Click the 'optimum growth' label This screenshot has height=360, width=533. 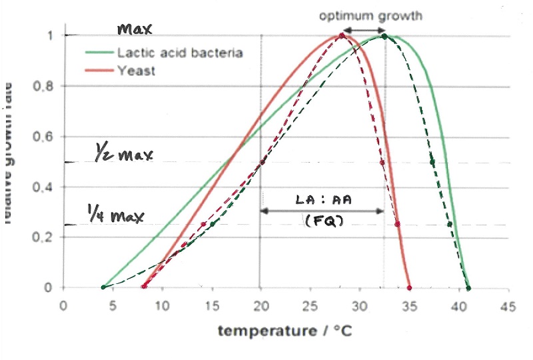370,16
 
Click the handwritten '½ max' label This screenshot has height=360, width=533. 123,156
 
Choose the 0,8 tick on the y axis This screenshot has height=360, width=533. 43,86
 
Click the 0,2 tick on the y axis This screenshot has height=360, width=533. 43,237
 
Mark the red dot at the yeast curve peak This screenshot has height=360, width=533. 342,36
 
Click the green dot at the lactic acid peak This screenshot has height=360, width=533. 384,36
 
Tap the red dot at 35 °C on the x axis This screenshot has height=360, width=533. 409,288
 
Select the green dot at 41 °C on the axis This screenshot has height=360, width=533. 468,288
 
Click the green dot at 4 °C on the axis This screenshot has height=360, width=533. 103,287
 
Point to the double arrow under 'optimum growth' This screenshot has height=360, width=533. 363,31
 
